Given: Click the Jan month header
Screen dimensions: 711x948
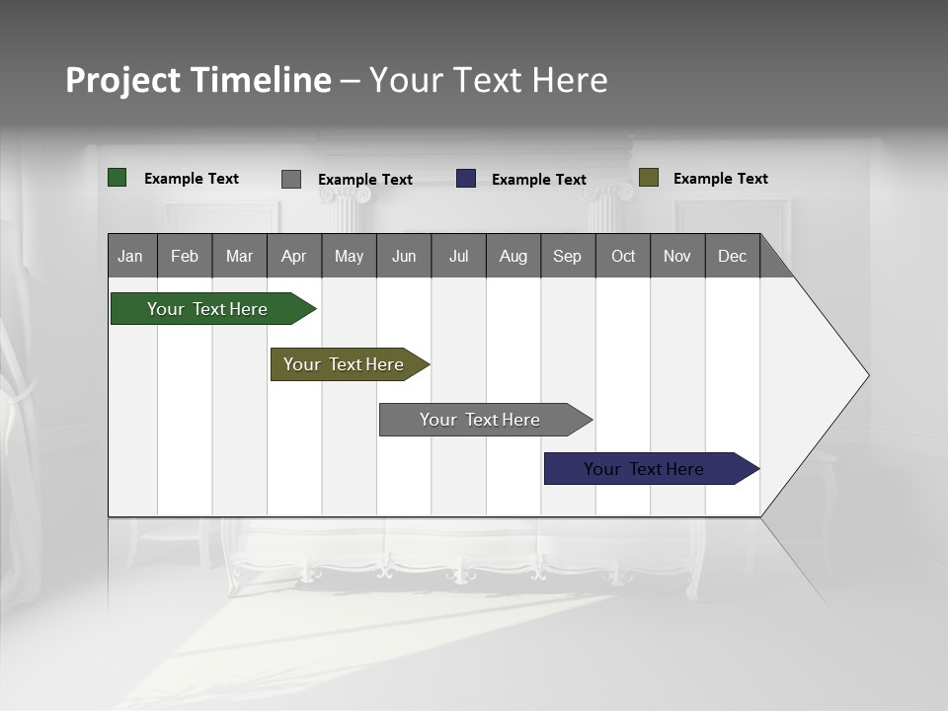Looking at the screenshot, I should [x=131, y=256].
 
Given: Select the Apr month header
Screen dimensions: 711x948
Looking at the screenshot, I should [x=294, y=256].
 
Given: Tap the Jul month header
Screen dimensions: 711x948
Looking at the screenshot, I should [x=458, y=256].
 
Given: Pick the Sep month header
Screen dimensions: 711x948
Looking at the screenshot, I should [x=568, y=256].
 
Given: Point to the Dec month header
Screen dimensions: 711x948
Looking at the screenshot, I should [x=732, y=256].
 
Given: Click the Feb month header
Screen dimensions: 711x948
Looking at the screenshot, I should [x=185, y=256].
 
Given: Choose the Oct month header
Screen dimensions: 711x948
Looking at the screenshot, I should [x=623, y=256].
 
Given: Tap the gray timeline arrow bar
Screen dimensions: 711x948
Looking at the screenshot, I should [x=481, y=420].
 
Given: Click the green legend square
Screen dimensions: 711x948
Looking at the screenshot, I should [x=118, y=178].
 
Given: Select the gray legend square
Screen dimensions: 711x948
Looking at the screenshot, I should [x=291, y=179].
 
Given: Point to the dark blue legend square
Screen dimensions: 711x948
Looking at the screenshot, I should [x=466, y=179].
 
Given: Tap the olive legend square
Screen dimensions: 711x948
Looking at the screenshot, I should [x=649, y=178].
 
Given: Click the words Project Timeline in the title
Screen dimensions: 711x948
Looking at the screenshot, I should [x=197, y=80].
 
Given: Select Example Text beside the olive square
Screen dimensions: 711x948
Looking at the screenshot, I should [x=720, y=179].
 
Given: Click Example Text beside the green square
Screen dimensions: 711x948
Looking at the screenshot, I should [x=192, y=179].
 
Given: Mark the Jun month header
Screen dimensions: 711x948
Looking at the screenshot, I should [x=404, y=256].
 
